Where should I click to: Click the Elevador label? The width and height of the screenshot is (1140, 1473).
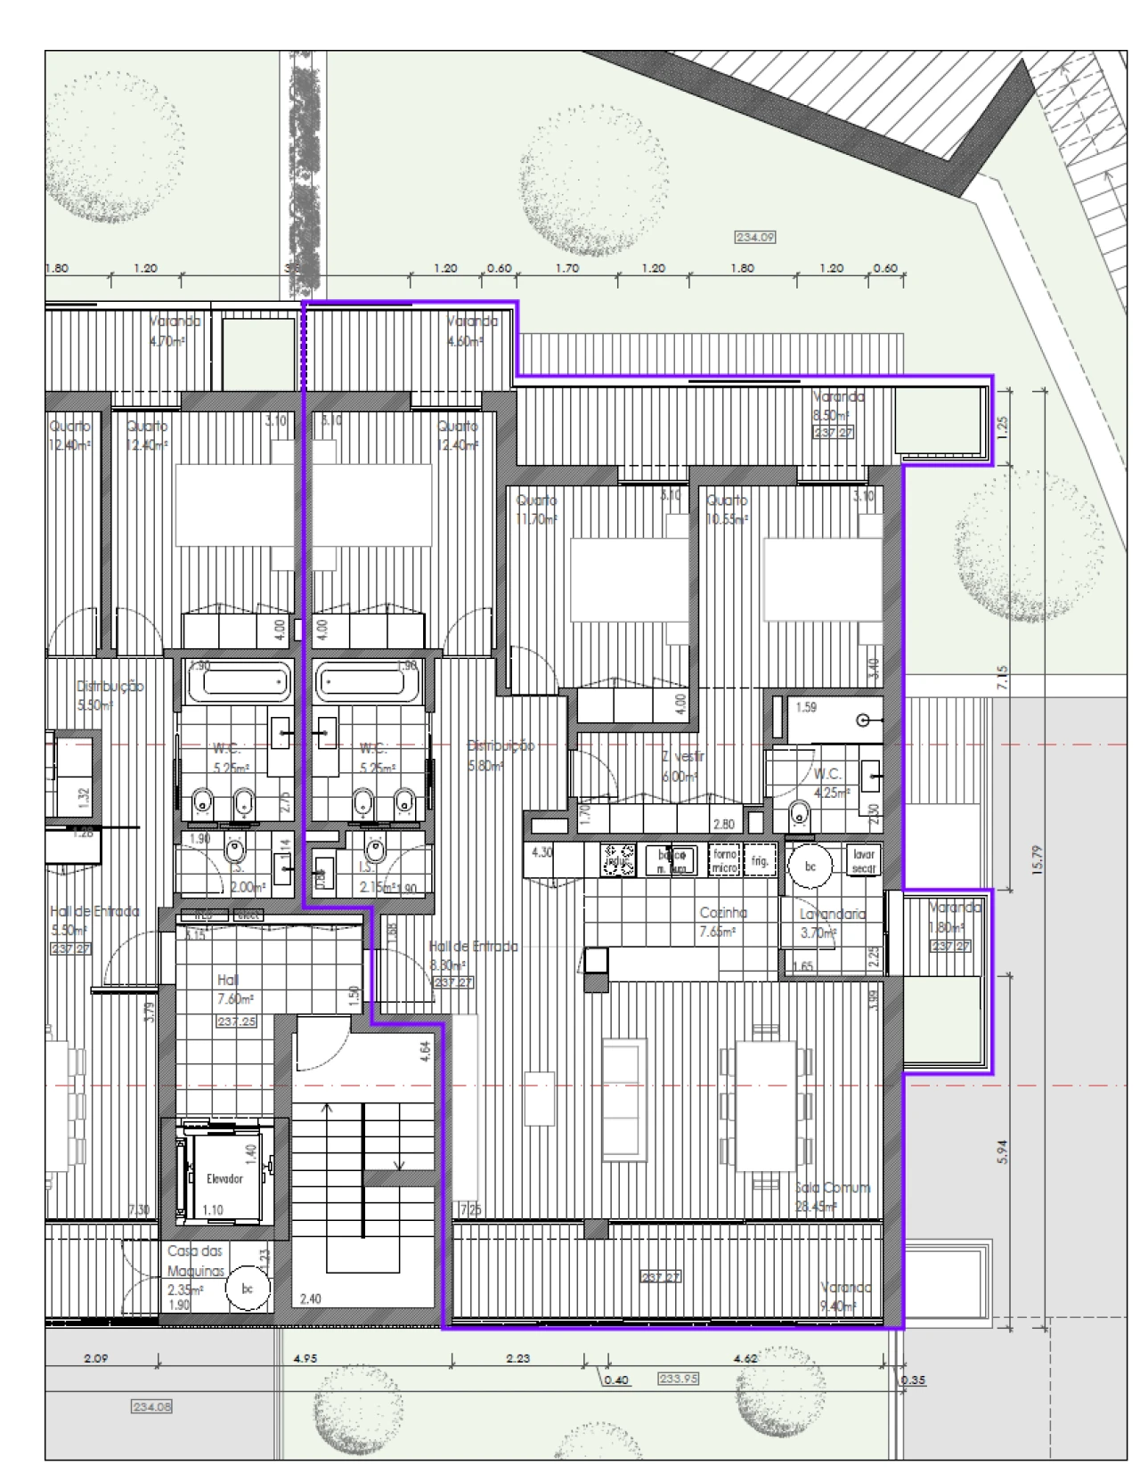pyautogui.click(x=224, y=1178)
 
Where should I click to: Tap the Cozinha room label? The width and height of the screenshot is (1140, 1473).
pyautogui.click(x=722, y=913)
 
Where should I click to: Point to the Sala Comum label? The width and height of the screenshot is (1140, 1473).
pyautogui.click(x=833, y=1188)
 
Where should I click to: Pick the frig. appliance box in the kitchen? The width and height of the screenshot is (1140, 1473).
pyautogui.click(x=760, y=861)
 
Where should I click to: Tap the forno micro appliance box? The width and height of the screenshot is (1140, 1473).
pyautogui.click(x=724, y=860)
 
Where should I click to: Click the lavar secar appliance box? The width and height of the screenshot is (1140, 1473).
pyautogui.click(x=863, y=861)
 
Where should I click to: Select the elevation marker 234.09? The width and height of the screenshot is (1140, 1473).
pyautogui.click(x=755, y=237)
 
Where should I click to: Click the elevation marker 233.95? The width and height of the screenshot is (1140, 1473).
pyautogui.click(x=679, y=1379)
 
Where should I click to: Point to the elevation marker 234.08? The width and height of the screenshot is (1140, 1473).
pyautogui.click(x=151, y=1407)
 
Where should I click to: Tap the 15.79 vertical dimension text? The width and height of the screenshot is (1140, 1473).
pyautogui.click(x=1036, y=859)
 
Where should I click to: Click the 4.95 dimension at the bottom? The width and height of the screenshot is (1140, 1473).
pyautogui.click(x=305, y=1359)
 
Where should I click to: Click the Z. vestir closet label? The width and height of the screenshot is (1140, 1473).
pyautogui.click(x=683, y=757)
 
